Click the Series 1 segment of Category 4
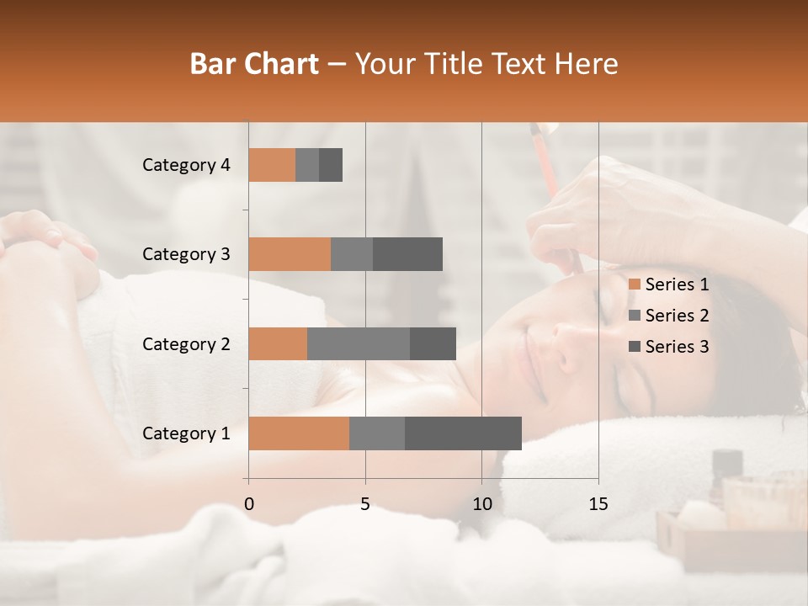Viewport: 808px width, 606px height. [x=272, y=165]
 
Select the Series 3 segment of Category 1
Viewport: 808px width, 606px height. [x=463, y=433]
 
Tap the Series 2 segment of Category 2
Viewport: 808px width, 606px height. [x=359, y=343]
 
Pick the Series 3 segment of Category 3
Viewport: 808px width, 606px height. [x=407, y=254]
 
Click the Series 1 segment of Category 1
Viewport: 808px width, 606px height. [x=299, y=433]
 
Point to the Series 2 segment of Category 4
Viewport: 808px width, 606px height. [x=307, y=165]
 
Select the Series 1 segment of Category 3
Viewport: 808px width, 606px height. [x=290, y=254]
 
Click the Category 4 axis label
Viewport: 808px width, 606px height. [x=186, y=165]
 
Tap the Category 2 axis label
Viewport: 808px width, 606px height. [x=186, y=344]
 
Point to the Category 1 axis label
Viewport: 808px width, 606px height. [x=186, y=433]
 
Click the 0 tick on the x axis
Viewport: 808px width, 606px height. [x=249, y=504]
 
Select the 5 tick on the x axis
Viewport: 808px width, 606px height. [x=365, y=504]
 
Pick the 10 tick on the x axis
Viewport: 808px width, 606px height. [x=481, y=504]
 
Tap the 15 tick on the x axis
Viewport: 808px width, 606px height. [x=598, y=504]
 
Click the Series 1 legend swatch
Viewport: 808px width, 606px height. [x=634, y=284]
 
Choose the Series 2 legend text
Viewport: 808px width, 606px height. [x=677, y=316]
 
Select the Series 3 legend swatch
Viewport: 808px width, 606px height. [x=634, y=347]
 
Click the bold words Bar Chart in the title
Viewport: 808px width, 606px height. [x=254, y=64]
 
